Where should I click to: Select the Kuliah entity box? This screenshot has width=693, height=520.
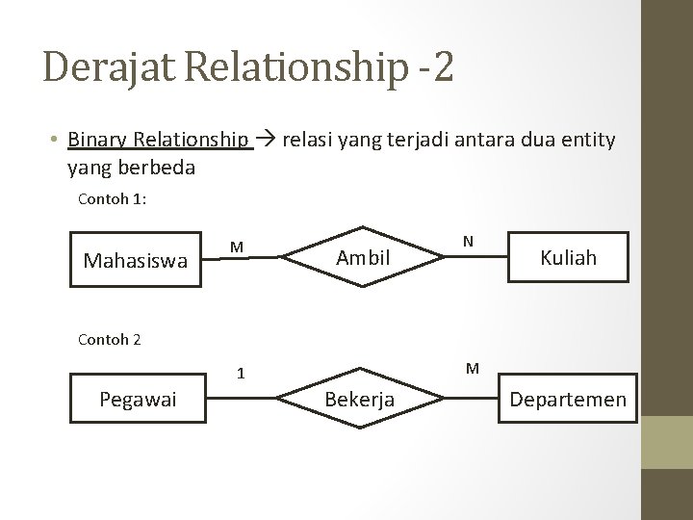point(568,257)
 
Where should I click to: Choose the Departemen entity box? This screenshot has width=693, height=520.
point(568,399)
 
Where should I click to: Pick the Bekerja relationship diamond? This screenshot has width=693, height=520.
point(360,399)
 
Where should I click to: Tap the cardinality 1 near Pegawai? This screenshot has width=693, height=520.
point(243,373)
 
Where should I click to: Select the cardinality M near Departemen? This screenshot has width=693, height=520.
point(473,367)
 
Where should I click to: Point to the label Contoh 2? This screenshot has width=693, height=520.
point(109,339)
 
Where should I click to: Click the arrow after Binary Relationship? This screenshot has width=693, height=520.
point(267,141)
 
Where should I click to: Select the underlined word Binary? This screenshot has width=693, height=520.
point(97,141)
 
